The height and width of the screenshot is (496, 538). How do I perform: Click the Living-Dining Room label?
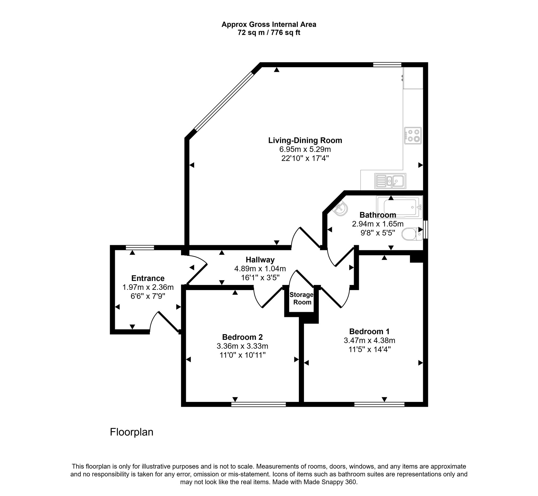coord(305,140)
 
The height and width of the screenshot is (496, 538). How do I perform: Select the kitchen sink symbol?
coord(390,181)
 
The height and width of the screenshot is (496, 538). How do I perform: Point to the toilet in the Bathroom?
coord(412,234)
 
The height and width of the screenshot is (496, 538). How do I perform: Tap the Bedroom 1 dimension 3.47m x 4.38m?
coord(369,341)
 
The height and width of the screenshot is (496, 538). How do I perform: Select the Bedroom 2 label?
coord(242,337)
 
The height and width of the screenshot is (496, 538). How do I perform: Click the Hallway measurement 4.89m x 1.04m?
coord(260,269)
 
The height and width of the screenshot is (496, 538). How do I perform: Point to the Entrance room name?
coord(148,278)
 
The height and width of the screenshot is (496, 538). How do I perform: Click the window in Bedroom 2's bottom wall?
coord(259,404)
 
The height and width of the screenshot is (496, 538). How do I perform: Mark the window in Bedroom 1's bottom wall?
coord(379,404)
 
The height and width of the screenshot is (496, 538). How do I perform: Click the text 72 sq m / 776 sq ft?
coord(269,33)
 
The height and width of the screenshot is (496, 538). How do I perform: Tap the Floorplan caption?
coord(132,432)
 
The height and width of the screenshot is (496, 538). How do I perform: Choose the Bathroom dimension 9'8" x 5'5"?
coord(378,233)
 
